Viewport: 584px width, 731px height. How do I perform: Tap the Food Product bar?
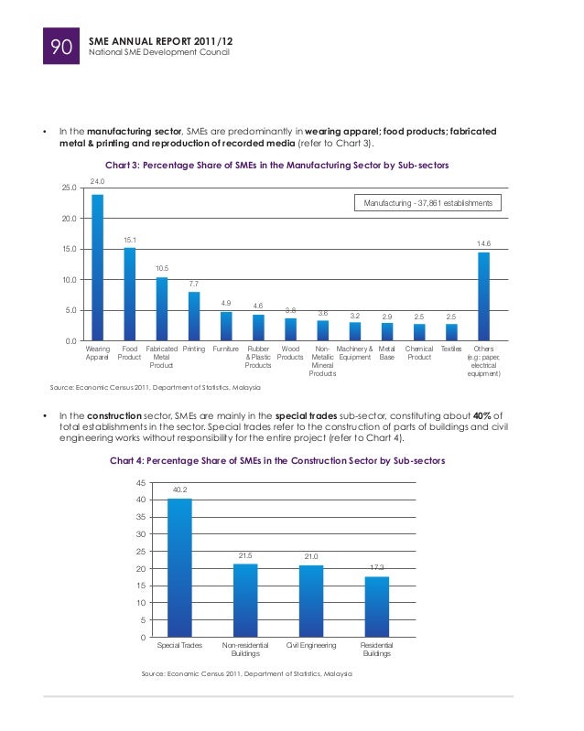pyautogui.click(x=130, y=294)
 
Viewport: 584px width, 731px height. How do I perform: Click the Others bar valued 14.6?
pyautogui.click(x=483, y=296)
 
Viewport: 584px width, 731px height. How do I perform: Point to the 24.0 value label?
pyautogui.click(x=97, y=183)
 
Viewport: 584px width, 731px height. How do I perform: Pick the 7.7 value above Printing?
pyautogui.click(x=194, y=285)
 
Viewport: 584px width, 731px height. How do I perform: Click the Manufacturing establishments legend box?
pyautogui.click(x=428, y=202)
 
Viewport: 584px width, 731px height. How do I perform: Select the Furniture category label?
pyautogui.click(x=226, y=349)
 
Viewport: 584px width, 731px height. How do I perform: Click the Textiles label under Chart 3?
pyautogui.click(x=451, y=349)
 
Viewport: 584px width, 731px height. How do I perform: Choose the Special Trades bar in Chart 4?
pyautogui.click(x=179, y=567)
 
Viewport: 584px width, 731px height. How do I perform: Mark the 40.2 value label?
pyautogui.click(x=179, y=490)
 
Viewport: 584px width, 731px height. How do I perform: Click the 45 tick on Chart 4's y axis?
pyautogui.click(x=140, y=482)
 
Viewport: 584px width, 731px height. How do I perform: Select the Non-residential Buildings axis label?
pyautogui.click(x=245, y=650)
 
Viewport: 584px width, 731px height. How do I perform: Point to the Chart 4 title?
pyautogui.click(x=277, y=460)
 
